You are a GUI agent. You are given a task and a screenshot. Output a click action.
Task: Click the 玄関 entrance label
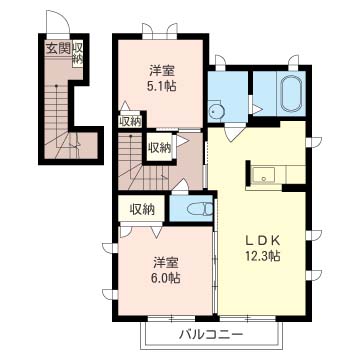(x=58, y=49)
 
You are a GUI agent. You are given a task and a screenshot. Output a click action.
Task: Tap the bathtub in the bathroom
(x=291, y=94)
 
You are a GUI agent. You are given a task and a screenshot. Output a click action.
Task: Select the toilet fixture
(x=199, y=209)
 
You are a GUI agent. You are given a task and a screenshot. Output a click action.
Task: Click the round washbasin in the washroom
(x=217, y=112)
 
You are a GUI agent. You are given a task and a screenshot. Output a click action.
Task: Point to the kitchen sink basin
(x=263, y=175)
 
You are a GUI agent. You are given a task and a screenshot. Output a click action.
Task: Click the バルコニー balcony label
(x=210, y=334)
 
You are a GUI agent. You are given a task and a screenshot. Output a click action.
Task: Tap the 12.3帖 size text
(x=263, y=256)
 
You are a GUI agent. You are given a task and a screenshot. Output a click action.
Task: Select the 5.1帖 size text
(x=161, y=86)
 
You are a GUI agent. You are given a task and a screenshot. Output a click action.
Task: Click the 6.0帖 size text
(x=165, y=277)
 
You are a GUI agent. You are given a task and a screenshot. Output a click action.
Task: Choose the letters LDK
(x=263, y=240)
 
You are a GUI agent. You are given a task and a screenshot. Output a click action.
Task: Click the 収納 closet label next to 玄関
(x=77, y=53)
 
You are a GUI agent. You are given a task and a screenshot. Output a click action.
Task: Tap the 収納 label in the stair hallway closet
(x=160, y=147)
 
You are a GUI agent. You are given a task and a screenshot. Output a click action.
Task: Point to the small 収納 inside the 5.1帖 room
(x=130, y=122)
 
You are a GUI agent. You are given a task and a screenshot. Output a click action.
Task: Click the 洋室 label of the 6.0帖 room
(x=166, y=263)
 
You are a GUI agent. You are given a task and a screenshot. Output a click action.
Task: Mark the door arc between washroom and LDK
(x=233, y=131)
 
